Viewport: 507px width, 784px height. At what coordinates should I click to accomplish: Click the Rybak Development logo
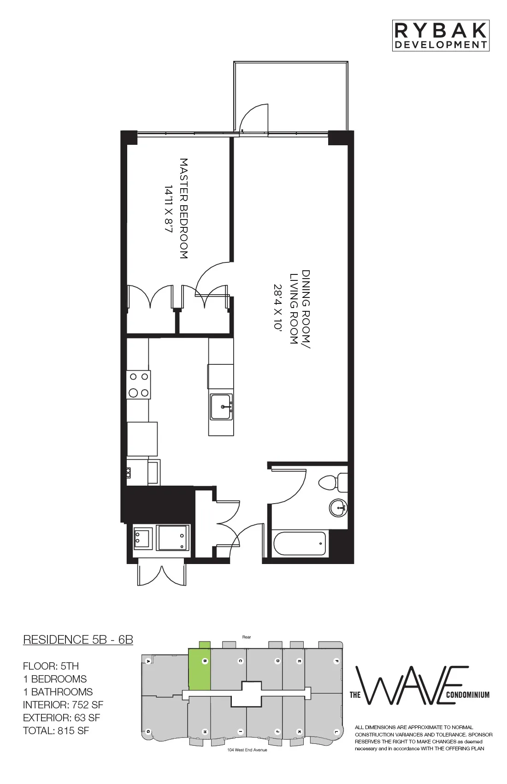[x=440, y=36]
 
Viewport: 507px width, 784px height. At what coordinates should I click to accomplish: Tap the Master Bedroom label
[x=183, y=208]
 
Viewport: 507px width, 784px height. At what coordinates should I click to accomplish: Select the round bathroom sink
[x=338, y=508]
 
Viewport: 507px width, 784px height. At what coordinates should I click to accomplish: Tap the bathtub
[x=300, y=544]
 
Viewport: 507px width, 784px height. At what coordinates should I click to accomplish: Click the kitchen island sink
[x=221, y=407]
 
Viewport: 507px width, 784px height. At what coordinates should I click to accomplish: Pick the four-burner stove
[x=139, y=385]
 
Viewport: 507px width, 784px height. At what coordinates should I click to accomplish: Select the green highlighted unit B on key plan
[x=200, y=669]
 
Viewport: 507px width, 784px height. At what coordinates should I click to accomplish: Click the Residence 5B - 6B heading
[x=78, y=640]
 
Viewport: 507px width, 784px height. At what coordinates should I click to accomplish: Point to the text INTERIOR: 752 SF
[x=63, y=705]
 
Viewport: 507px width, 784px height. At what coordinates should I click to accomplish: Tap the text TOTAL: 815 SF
[x=56, y=731]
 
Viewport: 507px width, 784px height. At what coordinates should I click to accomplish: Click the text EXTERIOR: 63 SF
[x=61, y=718]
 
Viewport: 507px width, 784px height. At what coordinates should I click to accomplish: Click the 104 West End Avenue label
[x=247, y=750]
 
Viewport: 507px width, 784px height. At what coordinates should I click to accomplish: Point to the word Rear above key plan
[x=247, y=637]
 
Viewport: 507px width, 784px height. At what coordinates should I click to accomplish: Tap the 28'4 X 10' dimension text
[x=277, y=307]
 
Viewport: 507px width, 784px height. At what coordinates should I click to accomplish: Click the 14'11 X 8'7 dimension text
[x=169, y=208]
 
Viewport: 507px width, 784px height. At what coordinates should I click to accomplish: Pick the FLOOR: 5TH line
[x=51, y=666]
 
